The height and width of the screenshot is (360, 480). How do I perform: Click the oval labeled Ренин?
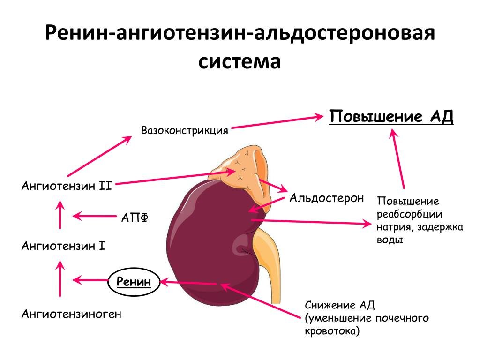pos(134,282)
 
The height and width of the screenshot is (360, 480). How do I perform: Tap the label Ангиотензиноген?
pos(71,314)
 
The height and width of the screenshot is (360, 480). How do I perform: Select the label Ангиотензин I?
pos(63,245)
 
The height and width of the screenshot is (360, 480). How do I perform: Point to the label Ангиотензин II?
pos(66,186)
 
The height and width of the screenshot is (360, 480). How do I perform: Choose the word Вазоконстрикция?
pos(185,130)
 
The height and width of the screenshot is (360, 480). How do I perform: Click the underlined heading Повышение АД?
pos(391,117)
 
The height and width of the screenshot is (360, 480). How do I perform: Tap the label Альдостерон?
pos(326,198)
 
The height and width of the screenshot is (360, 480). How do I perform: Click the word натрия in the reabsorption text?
pos(394,227)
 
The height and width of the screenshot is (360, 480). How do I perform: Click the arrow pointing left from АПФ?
pos(94,216)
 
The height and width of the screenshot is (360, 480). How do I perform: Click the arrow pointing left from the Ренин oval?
pos(91,280)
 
